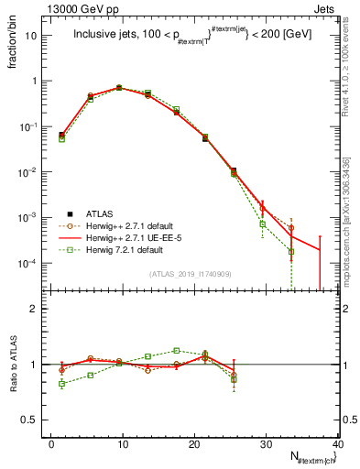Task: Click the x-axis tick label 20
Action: [x=194, y=444]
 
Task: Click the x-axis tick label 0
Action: [x=52, y=444]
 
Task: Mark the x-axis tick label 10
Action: [x=123, y=444]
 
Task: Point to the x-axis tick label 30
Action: [x=266, y=444]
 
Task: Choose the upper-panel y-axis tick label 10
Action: [x=35, y=36]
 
